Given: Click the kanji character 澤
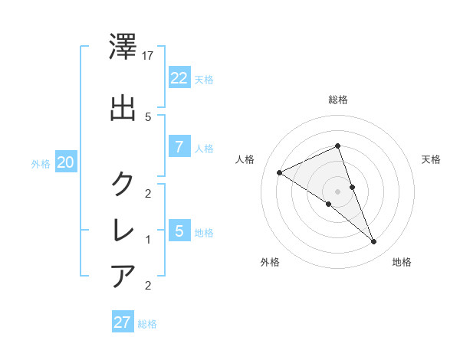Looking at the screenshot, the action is [x=123, y=50].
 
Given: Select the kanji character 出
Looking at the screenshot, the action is [x=123, y=107].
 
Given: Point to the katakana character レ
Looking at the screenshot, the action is [x=123, y=230].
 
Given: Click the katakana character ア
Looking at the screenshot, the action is [x=123, y=276].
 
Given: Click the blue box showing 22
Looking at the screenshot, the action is [x=179, y=77].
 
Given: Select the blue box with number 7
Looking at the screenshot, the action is [x=179, y=147].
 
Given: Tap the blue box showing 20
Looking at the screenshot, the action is [x=66, y=162].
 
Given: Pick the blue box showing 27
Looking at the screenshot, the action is [x=123, y=322].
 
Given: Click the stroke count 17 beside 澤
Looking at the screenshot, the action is [x=149, y=56].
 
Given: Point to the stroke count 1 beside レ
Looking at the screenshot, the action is [x=149, y=240].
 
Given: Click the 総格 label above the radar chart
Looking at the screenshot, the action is [x=338, y=100].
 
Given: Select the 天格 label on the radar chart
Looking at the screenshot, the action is [x=432, y=159].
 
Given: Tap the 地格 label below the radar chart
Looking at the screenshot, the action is [x=402, y=262].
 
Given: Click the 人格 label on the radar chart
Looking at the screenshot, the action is [x=245, y=159].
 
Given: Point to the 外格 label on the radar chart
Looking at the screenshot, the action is [x=270, y=262].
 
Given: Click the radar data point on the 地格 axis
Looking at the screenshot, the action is [x=374, y=242].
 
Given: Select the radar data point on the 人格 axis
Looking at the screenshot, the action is [x=280, y=172].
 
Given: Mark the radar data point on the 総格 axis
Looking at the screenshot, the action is [x=338, y=146].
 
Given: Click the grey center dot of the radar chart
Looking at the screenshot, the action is [x=338, y=191].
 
